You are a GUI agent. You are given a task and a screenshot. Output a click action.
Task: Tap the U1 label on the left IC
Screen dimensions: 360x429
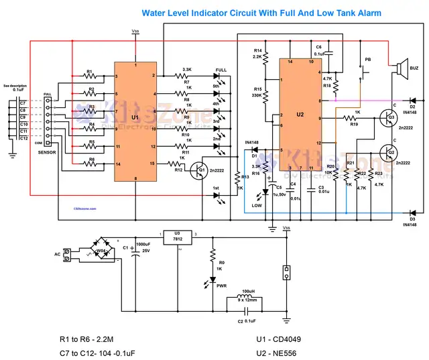coord(136,117)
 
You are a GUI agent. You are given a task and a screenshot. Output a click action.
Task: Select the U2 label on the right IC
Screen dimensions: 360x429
coord(300,114)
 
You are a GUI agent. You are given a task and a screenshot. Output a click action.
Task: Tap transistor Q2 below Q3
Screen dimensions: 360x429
coord(387,152)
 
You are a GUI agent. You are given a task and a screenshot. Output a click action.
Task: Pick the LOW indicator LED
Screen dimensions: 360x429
coord(265,192)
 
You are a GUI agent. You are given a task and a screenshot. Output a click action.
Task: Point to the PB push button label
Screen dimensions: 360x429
coord(367,59)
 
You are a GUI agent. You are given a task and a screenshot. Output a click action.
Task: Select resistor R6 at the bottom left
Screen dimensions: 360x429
coord(89,163)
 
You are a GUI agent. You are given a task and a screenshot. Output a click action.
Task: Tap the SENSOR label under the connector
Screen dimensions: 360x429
coord(48,153)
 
